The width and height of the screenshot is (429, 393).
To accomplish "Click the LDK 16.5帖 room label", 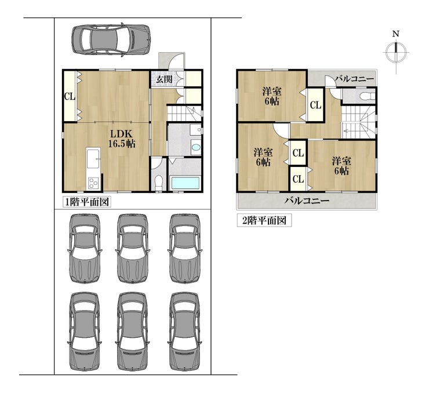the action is (122, 139).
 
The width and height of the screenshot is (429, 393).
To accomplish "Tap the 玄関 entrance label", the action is (164, 79).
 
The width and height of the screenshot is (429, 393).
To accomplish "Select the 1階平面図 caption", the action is (87, 202).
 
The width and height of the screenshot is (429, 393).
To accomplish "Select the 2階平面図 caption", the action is (264, 221).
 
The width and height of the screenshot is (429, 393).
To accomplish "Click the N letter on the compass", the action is (395, 34).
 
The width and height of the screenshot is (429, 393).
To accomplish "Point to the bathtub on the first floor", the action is (186, 183).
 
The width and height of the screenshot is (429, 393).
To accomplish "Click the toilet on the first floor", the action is (158, 183).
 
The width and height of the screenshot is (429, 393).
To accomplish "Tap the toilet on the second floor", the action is (366, 96).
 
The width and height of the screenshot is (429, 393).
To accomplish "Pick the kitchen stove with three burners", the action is (93, 183).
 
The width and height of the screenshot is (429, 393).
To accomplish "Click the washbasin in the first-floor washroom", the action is (196, 147).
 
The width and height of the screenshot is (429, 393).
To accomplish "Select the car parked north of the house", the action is (111, 39).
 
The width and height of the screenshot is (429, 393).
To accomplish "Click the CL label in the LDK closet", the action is (70, 96).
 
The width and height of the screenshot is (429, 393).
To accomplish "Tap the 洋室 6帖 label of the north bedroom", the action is (272, 96).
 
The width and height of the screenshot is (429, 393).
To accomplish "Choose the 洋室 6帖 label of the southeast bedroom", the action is (341, 166).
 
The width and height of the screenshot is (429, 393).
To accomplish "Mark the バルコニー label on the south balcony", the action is (307, 201).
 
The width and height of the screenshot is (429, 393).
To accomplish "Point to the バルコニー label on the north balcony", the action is (354, 79).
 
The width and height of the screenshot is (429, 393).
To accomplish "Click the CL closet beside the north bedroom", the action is (315, 105).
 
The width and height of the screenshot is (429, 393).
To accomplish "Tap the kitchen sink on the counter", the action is (93, 159).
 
